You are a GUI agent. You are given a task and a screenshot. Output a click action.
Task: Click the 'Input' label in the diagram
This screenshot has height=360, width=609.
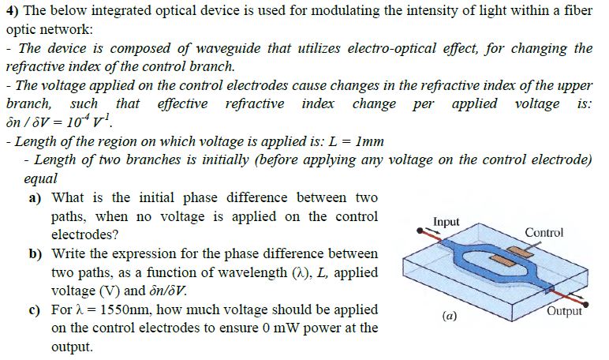coord(446,222)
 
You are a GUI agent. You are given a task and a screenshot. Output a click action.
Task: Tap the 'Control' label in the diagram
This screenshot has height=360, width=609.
coord(544,232)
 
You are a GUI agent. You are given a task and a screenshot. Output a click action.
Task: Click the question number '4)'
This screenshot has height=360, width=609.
coord(11,10)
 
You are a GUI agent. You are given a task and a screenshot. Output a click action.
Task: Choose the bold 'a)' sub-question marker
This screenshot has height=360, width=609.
coord(35,197)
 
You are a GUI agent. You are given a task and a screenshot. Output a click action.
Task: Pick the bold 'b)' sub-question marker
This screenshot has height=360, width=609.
coord(35,254)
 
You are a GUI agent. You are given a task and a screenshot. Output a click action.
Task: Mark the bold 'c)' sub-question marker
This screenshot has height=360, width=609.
coord(35,310)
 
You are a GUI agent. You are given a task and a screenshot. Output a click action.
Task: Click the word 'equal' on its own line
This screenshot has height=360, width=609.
coord(41,179)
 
